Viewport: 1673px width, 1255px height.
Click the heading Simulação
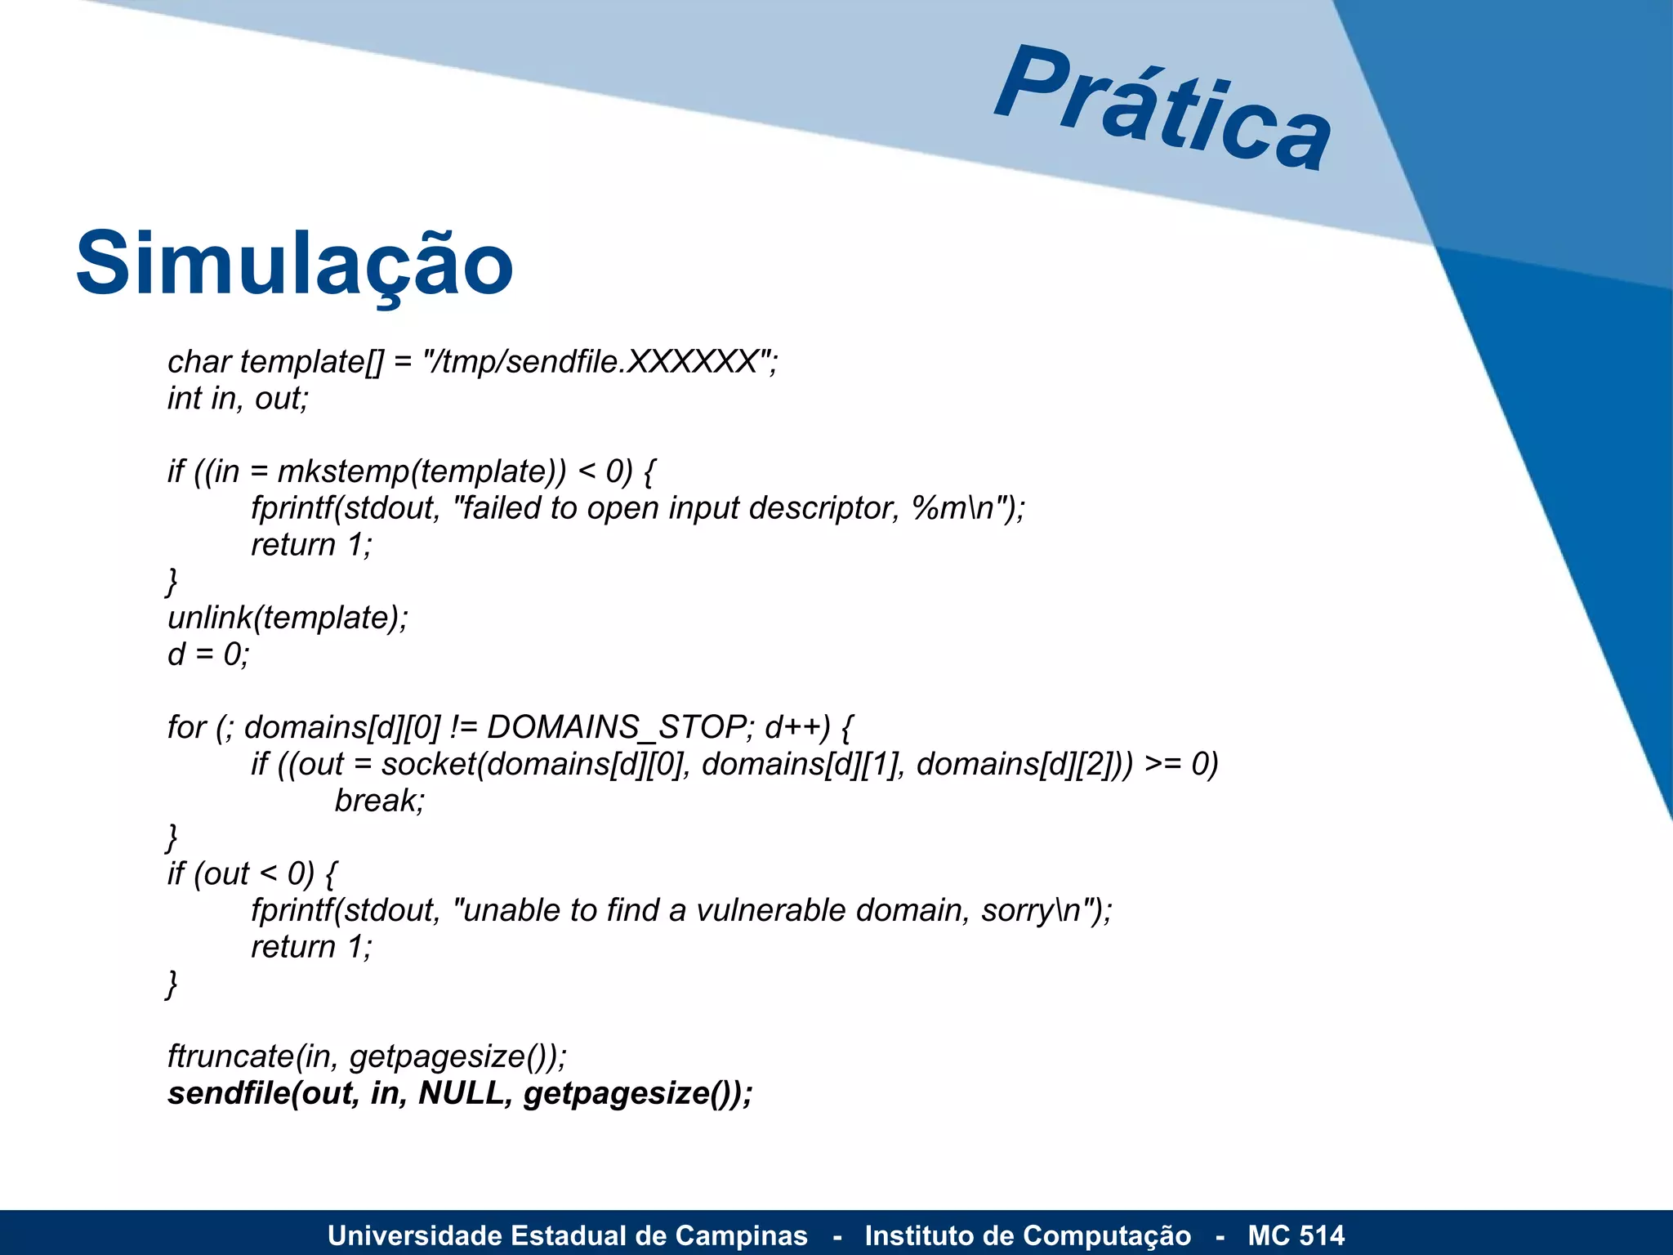(x=294, y=264)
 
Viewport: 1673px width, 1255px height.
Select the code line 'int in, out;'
(x=238, y=399)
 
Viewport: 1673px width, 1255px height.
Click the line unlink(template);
(x=288, y=618)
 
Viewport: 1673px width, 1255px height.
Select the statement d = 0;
(x=208, y=654)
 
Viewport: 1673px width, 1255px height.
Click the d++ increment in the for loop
(x=797, y=727)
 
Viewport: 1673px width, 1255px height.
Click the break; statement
(x=380, y=801)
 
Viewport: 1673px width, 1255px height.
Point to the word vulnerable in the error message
(x=770, y=910)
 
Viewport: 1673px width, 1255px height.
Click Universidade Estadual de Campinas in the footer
(x=568, y=1235)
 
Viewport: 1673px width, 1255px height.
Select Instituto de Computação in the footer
(x=1028, y=1235)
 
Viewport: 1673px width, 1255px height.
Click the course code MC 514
(x=1296, y=1235)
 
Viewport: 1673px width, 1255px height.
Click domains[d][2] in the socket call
(x=1018, y=764)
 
